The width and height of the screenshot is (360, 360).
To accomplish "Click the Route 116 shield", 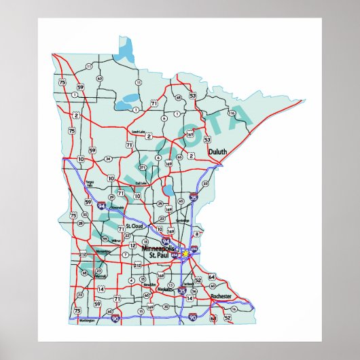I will (232, 113).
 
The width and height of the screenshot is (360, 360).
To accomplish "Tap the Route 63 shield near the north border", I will (100, 78).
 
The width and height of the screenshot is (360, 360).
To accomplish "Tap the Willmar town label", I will (117, 240).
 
